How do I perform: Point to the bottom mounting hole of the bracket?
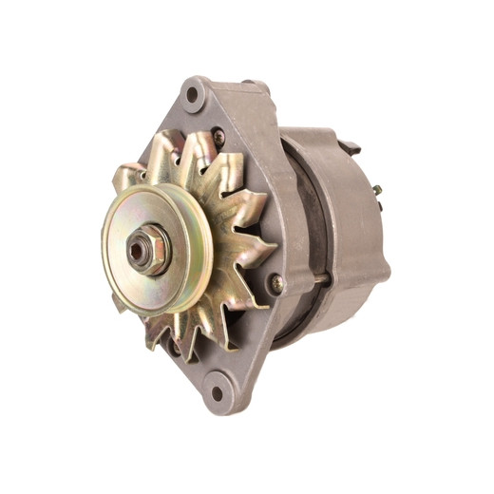click(x=218, y=390)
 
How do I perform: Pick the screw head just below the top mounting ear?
click(x=219, y=137)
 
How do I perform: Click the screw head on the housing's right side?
click(x=275, y=282)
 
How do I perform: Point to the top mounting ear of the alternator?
click(x=198, y=95)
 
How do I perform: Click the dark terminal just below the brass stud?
click(x=378, y=205)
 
